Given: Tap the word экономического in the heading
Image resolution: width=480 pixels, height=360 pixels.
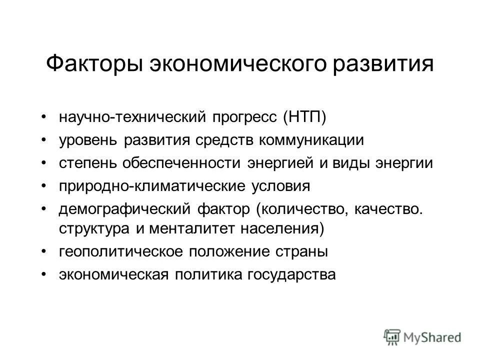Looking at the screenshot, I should coord(218,65).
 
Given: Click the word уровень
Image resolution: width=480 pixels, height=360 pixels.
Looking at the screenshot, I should coord(88,140).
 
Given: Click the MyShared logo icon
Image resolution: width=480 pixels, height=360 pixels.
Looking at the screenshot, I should coord(392,335).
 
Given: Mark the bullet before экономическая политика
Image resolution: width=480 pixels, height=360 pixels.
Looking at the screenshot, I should coord(45,274).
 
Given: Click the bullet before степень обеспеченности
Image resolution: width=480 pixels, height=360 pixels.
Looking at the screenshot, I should coord(45,163).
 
